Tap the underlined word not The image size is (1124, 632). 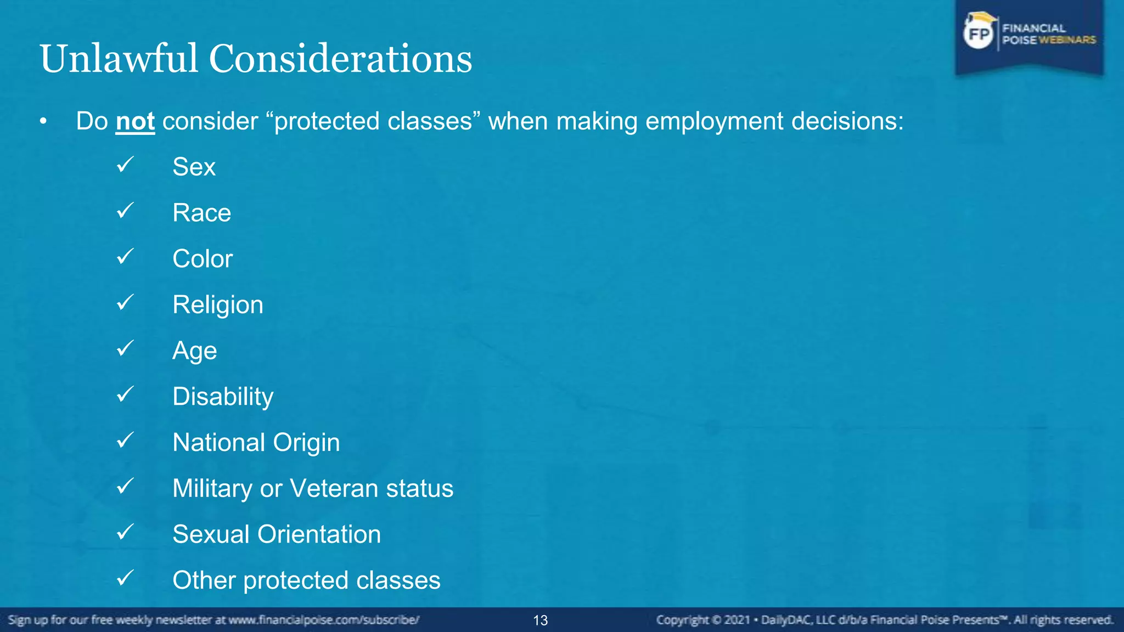tap(135, 121)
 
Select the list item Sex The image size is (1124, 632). tap(194, 167)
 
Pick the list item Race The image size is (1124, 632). tap(201, 213)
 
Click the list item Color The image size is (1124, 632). tap(203, 259)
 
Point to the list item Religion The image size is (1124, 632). tap(218, 305)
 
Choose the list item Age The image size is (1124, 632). tap(194, 351)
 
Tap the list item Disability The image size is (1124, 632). tap(223, 397)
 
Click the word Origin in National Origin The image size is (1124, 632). tap(306, 443)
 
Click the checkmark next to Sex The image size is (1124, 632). tap(126, 164)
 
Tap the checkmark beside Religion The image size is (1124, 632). tap(126, 302)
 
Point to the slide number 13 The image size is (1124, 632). tap(541, 620)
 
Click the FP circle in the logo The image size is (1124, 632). tap(979, 35)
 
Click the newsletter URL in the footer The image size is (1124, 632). tap(324, 620)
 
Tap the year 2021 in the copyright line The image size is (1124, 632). tap(737, 620)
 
